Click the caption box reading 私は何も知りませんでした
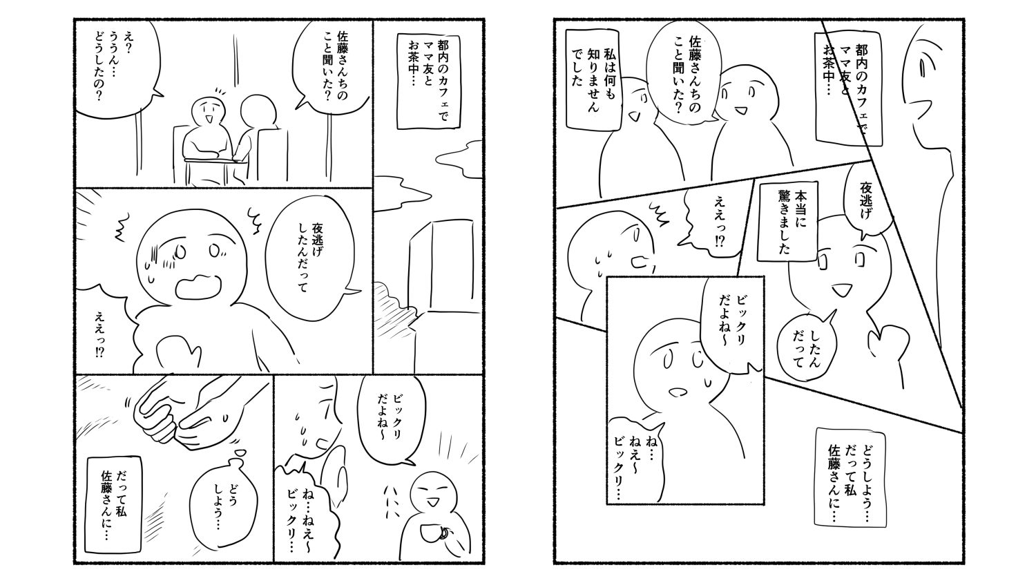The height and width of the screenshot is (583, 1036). [594, 80]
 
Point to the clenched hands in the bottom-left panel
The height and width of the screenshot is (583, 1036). [185, 412]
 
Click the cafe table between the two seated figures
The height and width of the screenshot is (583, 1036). [215, 160]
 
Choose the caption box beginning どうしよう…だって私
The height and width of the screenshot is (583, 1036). [850, 477]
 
